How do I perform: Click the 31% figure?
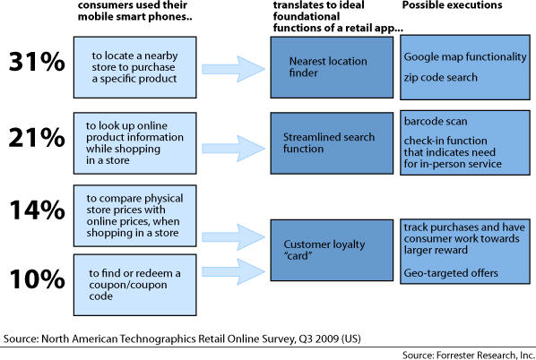(x=37, y=62)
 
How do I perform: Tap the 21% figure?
(x=37, y=138)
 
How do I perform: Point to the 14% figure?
(x=37, y=210)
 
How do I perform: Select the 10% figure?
(x=37, y=279)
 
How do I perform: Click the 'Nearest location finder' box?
(x=332, y=67)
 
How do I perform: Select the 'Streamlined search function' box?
(x=332, y=143)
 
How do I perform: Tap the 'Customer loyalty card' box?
(x=332, y=251)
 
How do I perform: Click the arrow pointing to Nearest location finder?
(x=233, y=69)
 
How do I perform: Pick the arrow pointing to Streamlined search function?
(x=233, y=149)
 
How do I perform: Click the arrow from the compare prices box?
(x=233, y=237)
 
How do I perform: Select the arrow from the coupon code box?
(x=233, y=271)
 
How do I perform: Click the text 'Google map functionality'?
(x=465, y=56)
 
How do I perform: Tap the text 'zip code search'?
(x=441, y=77)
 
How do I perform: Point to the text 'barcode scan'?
(x=436, y=121)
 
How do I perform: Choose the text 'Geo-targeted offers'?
(x=451, y=273)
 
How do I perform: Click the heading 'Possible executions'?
(x=452, y=5)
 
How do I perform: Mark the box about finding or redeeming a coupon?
(x=135, y=285)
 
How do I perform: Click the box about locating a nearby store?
(x=135, y=67)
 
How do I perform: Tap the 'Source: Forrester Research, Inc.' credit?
(x=469, y=355)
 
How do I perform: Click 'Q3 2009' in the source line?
(x=318, y=339)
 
